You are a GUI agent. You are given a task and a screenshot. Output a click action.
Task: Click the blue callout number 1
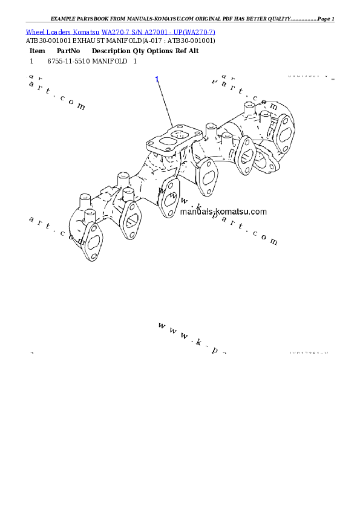157,79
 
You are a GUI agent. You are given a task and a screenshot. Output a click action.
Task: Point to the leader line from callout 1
165,102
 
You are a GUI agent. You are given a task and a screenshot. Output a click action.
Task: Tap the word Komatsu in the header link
87,31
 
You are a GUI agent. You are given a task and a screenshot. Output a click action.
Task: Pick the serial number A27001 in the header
154,31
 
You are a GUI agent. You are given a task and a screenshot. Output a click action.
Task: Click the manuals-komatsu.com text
223,212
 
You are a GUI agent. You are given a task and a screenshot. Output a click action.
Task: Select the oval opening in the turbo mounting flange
163,143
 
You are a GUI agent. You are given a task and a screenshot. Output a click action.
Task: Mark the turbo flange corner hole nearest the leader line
174,126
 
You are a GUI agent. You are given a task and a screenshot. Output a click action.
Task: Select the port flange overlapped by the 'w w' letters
169,197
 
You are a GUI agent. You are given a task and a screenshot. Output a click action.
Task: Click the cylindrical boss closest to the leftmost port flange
84,201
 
